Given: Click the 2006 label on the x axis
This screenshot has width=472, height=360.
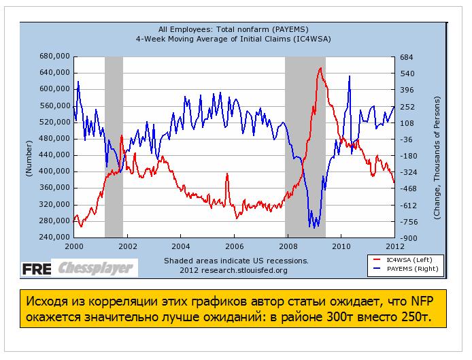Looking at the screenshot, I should click(234, 246).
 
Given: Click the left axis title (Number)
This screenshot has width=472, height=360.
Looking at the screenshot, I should click(29, 159).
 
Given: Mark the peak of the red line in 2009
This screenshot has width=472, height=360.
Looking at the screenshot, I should click(320, 68).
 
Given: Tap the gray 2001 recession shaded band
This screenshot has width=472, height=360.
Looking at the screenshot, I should click(114, 146).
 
